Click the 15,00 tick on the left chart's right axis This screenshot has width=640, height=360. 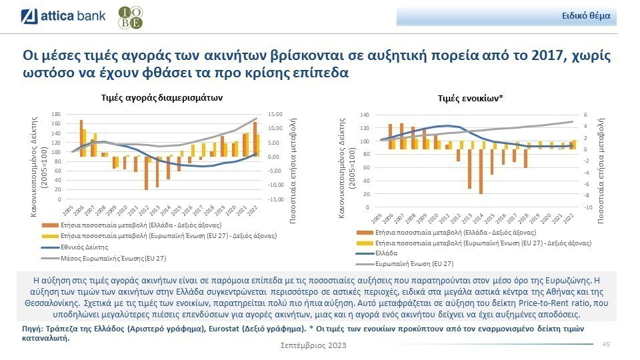click(275, 114)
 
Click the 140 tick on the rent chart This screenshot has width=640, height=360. click(364, 115)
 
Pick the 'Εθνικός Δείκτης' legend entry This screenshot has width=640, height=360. click(79, 246)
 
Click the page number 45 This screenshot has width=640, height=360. click(606, 344)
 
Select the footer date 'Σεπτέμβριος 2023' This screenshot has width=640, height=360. click(313, 345)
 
